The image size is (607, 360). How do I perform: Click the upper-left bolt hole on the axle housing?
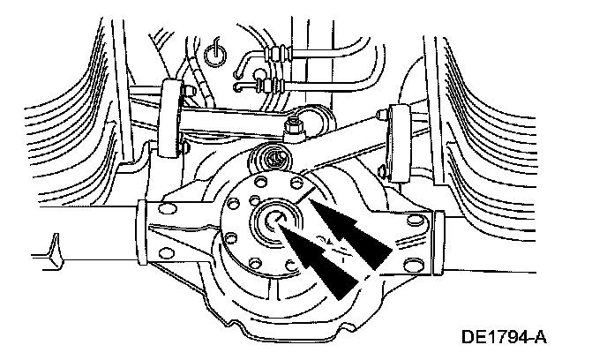click(x=167, y=210)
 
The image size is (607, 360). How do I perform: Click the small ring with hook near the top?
click(x=214, y=55)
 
